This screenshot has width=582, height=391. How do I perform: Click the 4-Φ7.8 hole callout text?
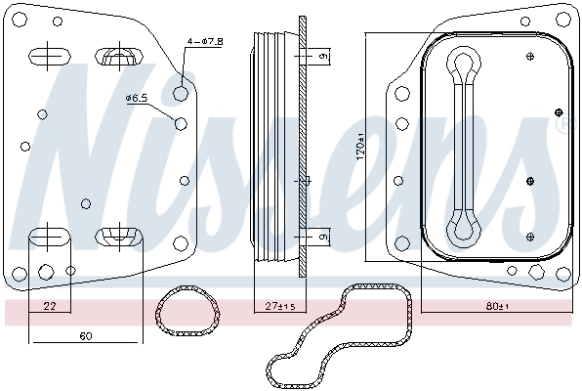pyautogui.click(x=206, y=41)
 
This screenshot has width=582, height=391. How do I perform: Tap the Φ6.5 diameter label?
pyautogui.click(x=138, y=98)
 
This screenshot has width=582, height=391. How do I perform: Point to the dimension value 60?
pyautogui.click(x=85, y=336)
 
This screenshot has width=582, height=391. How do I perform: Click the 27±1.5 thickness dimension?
pyautogui.click(x=281, y=308)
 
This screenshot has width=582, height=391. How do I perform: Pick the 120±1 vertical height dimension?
pyautogui.click(x=360, y=147)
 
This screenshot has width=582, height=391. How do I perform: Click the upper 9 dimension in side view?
pyautogui.click(x=323, y=58)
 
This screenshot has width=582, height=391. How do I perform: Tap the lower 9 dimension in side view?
pyautogui.click(x=323, y=236)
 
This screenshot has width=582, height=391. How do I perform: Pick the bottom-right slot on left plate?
pyautogui.click(x=117, y=236)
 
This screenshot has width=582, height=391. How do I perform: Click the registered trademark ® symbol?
pyautogui.click(x=561, y=125)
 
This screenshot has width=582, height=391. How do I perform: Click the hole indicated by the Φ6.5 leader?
pyautogui.click(x=180, y=123)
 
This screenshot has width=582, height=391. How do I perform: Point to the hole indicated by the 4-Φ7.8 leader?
pyautogui.click(x=181, y=93)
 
